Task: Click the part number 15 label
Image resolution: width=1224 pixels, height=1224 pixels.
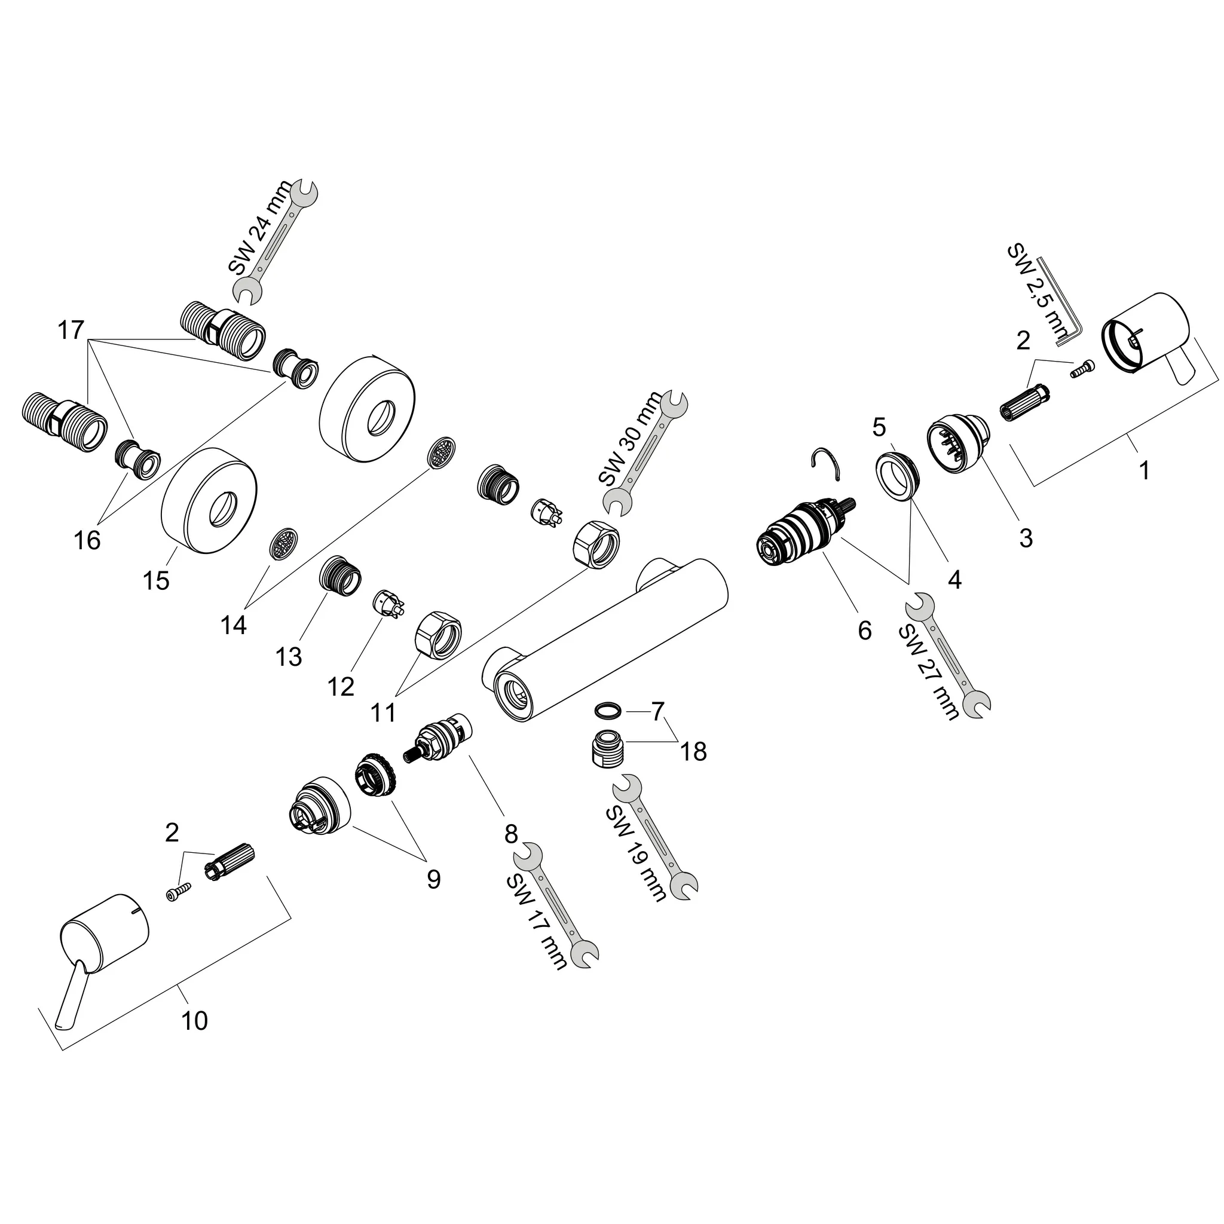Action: click(157, 580)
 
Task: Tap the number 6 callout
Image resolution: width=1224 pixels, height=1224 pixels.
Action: click(864, 631)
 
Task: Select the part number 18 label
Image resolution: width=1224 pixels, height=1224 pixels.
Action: click(693, 751)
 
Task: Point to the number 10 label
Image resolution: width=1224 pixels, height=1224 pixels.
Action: click(194, 1021)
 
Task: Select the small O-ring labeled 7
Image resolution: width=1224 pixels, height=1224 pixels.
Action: click(608, 709)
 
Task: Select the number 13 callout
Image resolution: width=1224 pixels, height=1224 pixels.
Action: click(289, 657)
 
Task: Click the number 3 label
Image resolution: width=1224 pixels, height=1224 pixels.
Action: click(1026, 538)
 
